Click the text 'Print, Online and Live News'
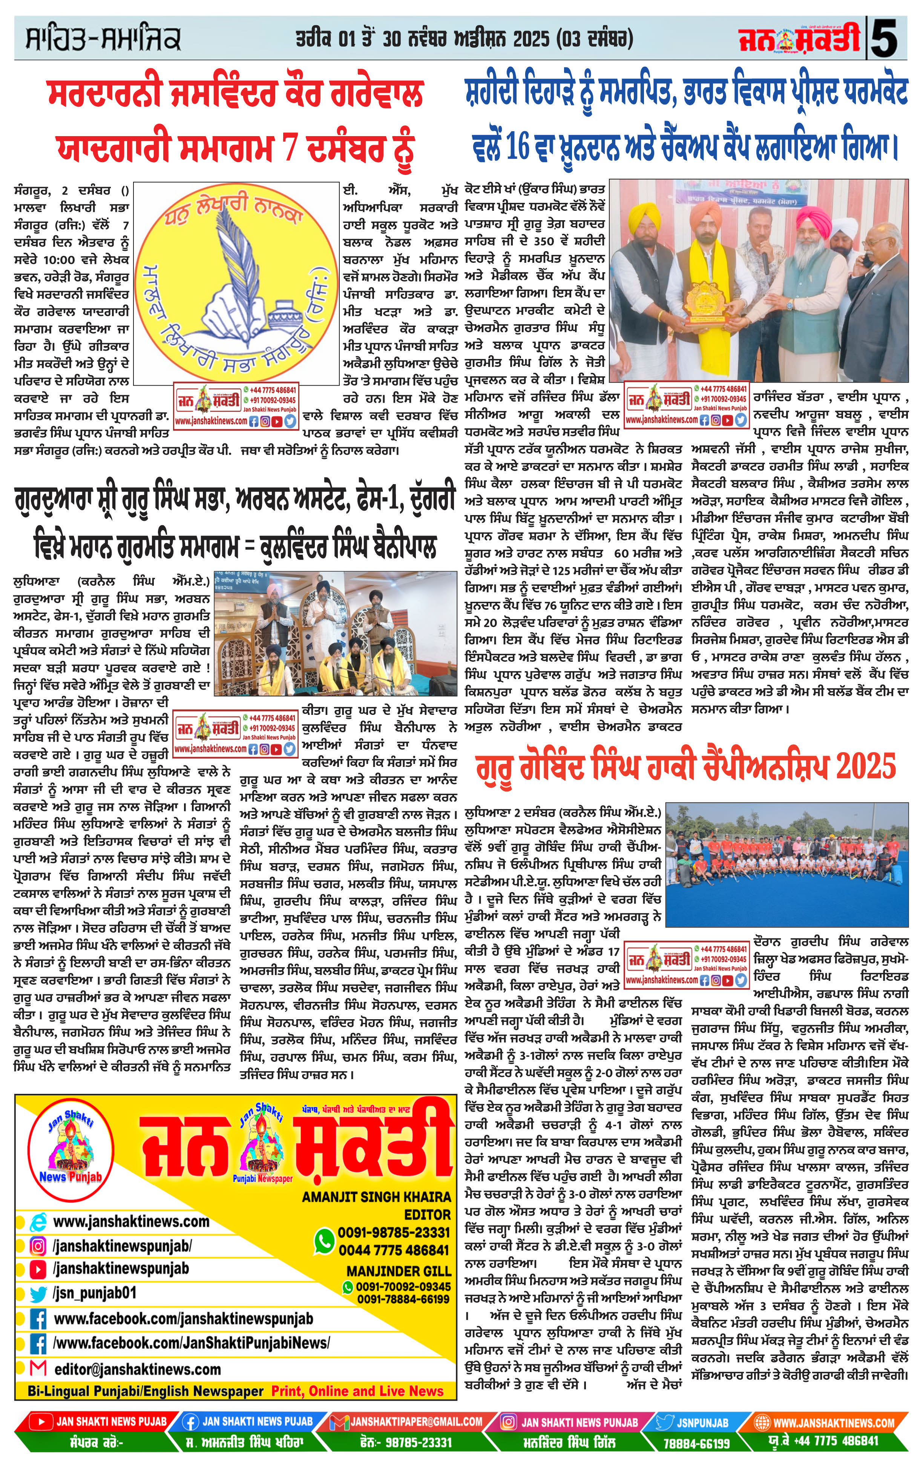[x=357, y=1391]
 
